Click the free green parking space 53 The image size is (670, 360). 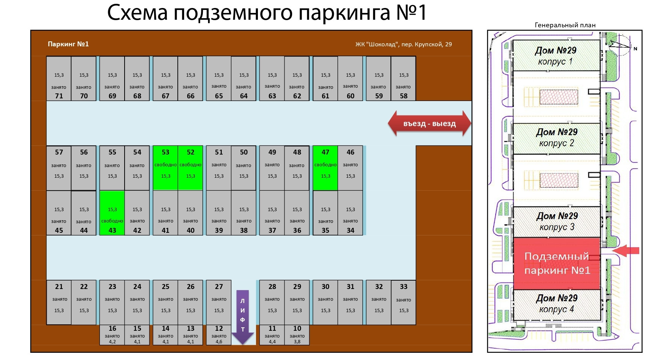[165, 168]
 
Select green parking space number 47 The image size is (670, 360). [325, 168]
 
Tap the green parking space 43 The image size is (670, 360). [112, 213]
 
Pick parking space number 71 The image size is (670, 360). [59, 79]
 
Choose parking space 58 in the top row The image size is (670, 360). [403, 79]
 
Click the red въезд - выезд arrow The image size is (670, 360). [429, 123]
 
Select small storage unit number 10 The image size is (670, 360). [297, 335]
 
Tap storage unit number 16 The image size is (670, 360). [112, 335]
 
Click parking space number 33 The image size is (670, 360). [403, 302]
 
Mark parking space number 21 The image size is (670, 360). [59, 302]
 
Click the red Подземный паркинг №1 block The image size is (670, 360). [557, 263]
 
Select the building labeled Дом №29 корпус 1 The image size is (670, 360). [556, 55]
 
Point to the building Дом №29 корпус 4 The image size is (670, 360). [557, 304]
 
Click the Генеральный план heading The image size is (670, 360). [565, 25]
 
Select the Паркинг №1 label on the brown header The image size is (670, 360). [68, 44]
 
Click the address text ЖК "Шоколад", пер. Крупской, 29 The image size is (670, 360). [403, 44]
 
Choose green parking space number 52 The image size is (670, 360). [190, 168]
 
